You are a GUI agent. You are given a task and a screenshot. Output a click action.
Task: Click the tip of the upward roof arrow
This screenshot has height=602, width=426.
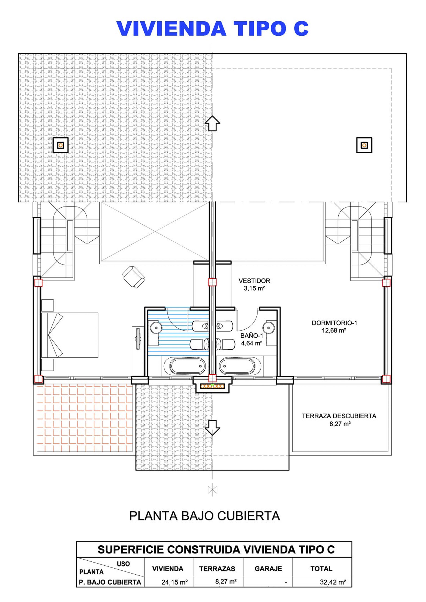tap(212, 116)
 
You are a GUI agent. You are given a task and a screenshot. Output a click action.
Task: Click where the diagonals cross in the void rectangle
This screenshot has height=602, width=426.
tap(155, 232)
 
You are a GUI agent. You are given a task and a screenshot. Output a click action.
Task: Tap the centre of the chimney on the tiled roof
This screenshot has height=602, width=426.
tap(61, 145)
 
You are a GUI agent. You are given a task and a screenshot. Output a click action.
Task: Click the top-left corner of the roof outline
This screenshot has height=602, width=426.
tap(18, 54)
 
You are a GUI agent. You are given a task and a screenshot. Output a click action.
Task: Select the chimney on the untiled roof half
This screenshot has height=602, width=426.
tap(364, 145)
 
